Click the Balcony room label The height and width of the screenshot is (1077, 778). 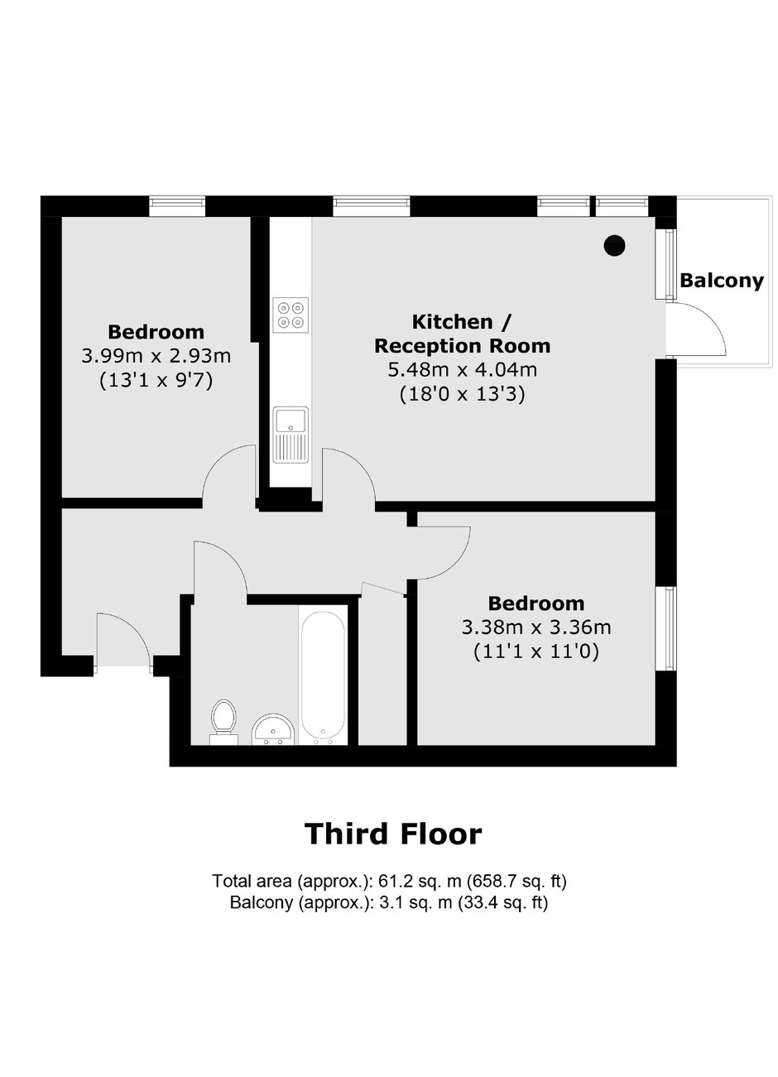click(721, 281)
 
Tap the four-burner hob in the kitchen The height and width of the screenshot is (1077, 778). click(291, 315)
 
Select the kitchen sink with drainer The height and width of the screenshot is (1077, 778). click(291, 435)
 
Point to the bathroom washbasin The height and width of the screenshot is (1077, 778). click(273, 728)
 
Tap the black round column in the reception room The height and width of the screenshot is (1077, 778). click(614, 245)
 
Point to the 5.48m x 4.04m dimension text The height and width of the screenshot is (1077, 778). click(462, 370)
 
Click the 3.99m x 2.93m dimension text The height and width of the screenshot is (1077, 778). click(156, 356)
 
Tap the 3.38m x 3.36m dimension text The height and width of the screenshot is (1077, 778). click(536, 627)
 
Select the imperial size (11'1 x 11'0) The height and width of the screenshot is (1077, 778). click(536, 652)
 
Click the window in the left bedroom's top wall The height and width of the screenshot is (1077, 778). click(177, 206)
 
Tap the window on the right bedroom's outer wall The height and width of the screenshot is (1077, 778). click(666, 627)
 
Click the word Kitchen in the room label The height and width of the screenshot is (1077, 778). click(453, 322)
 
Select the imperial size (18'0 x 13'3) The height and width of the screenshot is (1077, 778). click(462, 395)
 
